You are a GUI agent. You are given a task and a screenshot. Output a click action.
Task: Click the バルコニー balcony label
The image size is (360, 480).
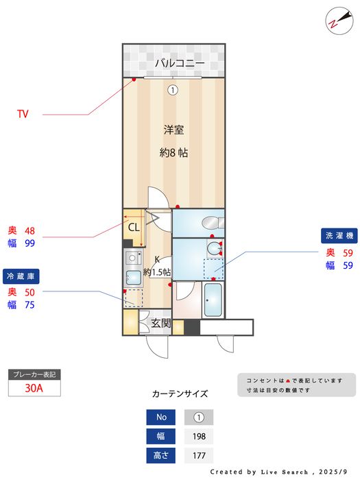179,63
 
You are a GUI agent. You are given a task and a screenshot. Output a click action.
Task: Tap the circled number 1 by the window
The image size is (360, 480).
173,89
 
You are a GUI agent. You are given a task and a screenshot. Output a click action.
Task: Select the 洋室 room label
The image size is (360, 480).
173,130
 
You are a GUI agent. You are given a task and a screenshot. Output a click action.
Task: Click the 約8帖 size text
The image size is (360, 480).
173,153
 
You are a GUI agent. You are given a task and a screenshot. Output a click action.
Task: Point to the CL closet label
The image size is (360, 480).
134,226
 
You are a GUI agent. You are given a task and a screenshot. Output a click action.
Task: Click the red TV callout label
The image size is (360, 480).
23,114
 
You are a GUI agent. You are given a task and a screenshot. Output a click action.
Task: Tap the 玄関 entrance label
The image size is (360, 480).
160,323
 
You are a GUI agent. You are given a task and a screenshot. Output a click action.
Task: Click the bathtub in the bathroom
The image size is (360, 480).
213,300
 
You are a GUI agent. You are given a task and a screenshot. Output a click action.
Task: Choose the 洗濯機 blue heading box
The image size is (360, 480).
339,235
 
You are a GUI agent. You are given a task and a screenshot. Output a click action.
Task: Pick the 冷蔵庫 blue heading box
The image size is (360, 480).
21,276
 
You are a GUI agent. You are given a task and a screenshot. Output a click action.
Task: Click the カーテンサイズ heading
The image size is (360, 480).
180,394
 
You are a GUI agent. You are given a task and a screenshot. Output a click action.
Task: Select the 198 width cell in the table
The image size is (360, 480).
199,436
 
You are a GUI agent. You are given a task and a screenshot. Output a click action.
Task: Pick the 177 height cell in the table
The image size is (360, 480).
199,455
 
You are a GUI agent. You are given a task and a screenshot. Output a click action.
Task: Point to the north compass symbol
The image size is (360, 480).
335,19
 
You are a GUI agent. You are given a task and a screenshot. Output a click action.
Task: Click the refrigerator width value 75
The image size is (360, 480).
30,305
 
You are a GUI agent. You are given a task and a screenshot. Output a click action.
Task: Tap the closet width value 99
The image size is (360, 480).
30,243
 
